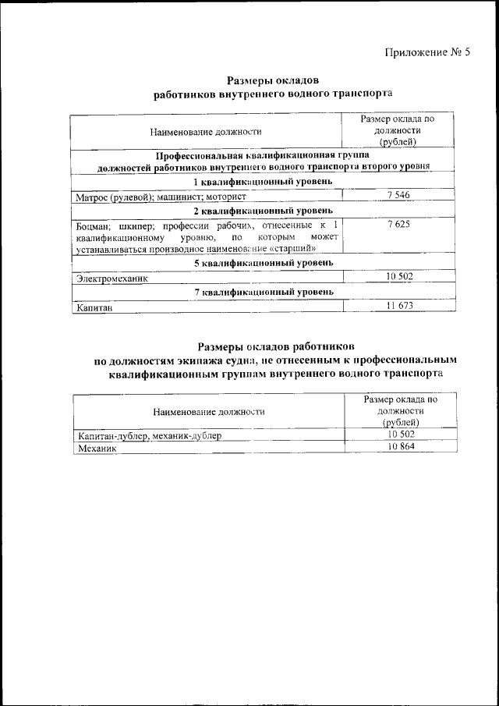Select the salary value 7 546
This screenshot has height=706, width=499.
(398, 195)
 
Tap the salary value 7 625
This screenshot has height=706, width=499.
(398, 224)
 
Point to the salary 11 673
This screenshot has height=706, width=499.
(398, 306)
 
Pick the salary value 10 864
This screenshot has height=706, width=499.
(402, 448)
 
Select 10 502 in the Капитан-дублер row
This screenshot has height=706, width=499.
(402, 435)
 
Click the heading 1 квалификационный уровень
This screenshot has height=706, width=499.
(264, 181)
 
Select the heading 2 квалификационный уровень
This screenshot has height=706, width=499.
(264, 211)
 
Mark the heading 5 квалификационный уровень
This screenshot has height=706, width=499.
(264, 263)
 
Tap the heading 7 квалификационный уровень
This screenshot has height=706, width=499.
(264, 292)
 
